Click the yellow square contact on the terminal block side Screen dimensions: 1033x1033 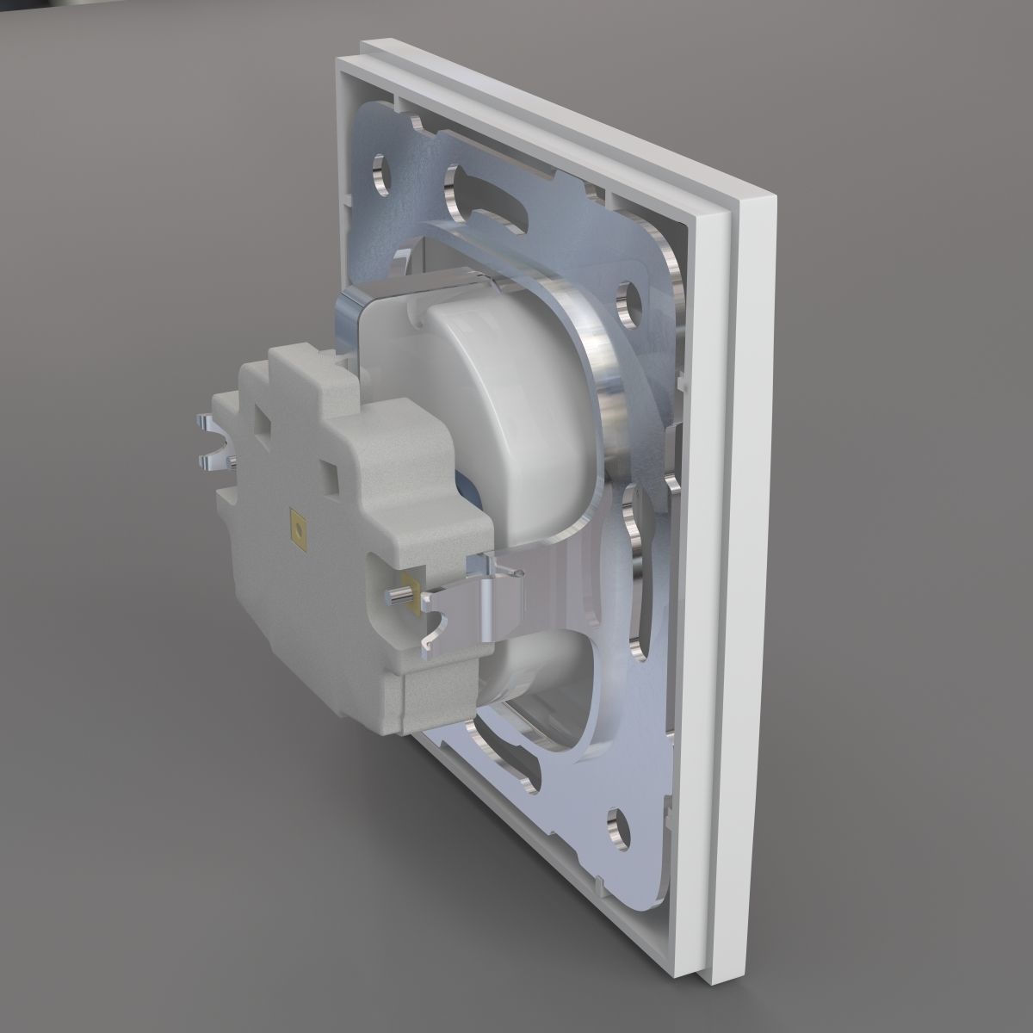click(x=298, y=529)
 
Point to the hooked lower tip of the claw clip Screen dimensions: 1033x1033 click(x=428, y=641)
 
